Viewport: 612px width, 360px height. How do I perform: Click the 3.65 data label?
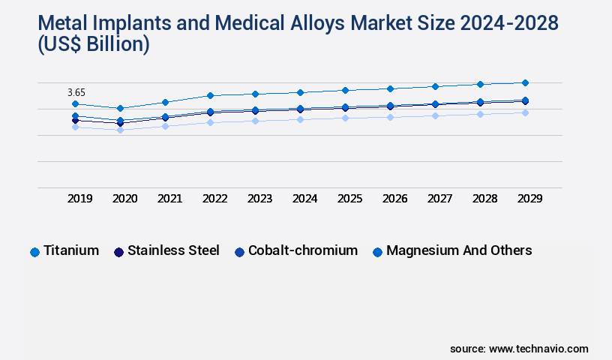coord(76,92)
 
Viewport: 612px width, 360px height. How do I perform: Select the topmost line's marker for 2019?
coord(75,104)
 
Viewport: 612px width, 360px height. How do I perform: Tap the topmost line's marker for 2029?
coord(525,82)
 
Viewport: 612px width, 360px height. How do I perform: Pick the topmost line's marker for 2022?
coord(210,95)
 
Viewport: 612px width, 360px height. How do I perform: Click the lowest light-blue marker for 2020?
coord(120,130)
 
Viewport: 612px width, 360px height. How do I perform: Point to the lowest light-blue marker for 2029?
coord(525,112)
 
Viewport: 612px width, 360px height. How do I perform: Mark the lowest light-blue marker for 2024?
coord(300,118)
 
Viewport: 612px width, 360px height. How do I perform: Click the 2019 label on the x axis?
coord(80,199)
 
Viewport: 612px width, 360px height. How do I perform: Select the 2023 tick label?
coord(259,199)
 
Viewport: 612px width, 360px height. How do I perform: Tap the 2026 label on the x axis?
coord(394,199)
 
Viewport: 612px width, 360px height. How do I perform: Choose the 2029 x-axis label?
coord(529,199)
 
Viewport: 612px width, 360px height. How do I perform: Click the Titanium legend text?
coord(71,250)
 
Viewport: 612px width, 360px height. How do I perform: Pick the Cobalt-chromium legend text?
coord(303,250)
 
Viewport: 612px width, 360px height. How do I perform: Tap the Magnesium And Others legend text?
coord(459,250)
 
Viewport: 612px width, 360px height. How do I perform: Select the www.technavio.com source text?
coord(538,349)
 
